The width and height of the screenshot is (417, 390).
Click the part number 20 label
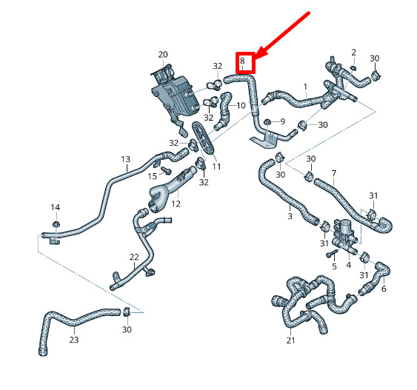163,55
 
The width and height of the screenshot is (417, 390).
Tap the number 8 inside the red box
242,61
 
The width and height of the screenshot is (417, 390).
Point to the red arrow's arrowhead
260,54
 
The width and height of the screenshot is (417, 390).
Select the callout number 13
125,159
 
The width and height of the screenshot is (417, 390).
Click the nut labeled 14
56,223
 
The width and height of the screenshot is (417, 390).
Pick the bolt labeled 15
166,170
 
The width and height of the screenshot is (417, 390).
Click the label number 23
74,340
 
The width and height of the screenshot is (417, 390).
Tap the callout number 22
134,257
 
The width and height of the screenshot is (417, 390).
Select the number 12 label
176,204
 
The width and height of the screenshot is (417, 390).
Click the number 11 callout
216,167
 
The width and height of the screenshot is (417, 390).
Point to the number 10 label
241,106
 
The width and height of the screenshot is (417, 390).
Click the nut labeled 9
267,122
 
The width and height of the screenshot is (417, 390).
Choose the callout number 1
306,87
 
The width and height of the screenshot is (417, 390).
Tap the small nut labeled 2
353,68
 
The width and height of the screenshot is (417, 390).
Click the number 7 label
334,173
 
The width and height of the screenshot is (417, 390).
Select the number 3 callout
290,216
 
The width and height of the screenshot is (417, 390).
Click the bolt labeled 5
331,253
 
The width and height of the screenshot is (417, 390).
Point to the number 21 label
290,340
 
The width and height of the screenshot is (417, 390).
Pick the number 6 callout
384,289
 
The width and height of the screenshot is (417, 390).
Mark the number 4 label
348,265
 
